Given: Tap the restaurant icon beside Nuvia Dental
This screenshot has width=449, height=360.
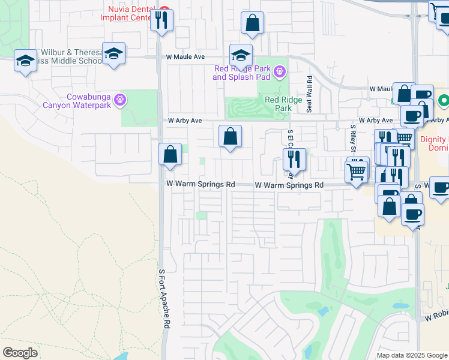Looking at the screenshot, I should (x=161, y=20).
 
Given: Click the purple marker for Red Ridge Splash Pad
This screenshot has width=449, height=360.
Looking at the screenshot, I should (x=279, y=73).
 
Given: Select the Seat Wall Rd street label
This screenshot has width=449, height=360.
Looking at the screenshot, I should (x=310, y=94).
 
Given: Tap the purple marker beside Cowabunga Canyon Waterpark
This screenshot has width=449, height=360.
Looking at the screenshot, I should (x=120, y=100).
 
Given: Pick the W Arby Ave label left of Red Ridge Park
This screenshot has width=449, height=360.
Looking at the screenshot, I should (x=184, y=121).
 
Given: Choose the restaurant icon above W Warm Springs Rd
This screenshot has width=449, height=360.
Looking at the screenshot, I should (x=294, y=160).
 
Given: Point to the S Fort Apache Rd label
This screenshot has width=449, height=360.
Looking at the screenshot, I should (x=161, y=298).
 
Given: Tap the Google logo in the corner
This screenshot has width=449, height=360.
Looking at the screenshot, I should (x=20, y=353).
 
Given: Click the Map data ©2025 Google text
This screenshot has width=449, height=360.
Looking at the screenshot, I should (x=412, y=355).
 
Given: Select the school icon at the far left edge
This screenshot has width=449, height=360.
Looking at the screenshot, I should (x=25, y=61).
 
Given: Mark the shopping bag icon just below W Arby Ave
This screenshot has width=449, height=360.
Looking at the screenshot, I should (x=230, y=136).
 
